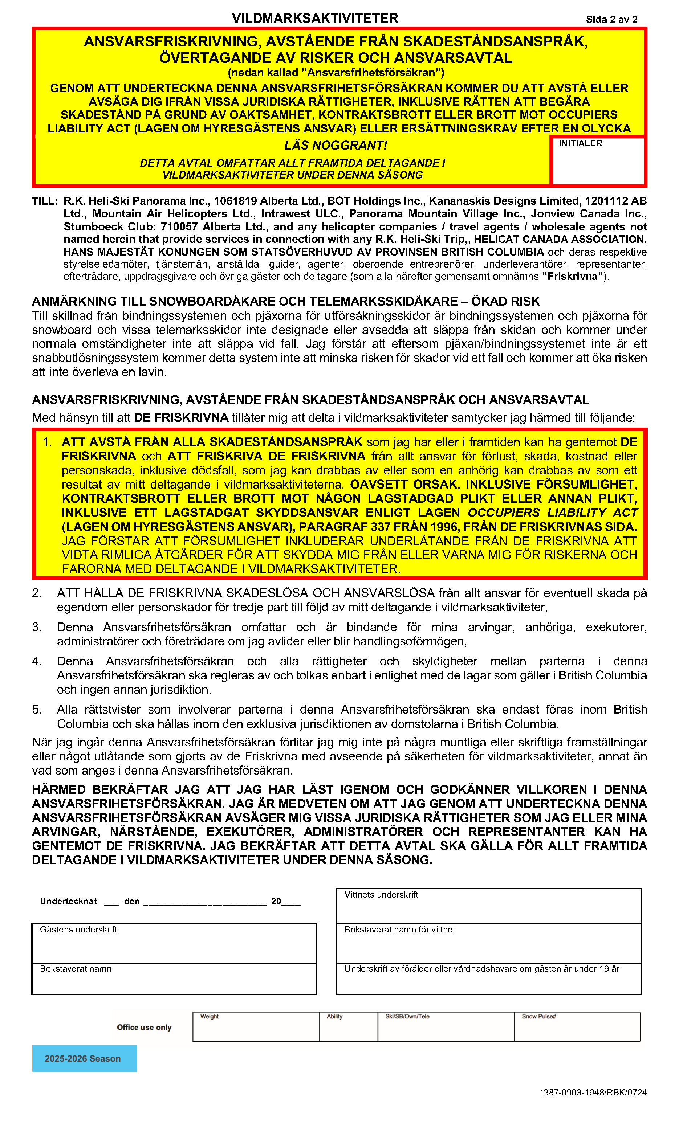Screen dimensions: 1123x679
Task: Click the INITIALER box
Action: pyautogui.click(x=597, y=162)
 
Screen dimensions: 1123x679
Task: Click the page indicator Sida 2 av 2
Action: pyautogui.click(x=611, y=19)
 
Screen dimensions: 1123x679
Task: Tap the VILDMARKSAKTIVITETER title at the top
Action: pyautogui.click(x=315, y=18)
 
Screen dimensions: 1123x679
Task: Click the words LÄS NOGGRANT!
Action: pyautogui.click(x=336, y=146)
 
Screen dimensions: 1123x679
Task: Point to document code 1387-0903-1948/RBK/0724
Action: pyautogui.click(x=593, y=1093)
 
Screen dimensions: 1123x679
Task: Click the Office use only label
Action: pyautogui.click(x=144, y=1027)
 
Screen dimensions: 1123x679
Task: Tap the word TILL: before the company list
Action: pyautogui.click(x=45, y=201)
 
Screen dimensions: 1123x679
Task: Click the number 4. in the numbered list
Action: pyautogui.click(x=37, y=661)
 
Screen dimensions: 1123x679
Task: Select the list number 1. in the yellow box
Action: pyautogui.click(x=47, y=442)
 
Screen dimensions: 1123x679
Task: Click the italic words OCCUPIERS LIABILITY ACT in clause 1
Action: pyautogui.click(x=552, y=513)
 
